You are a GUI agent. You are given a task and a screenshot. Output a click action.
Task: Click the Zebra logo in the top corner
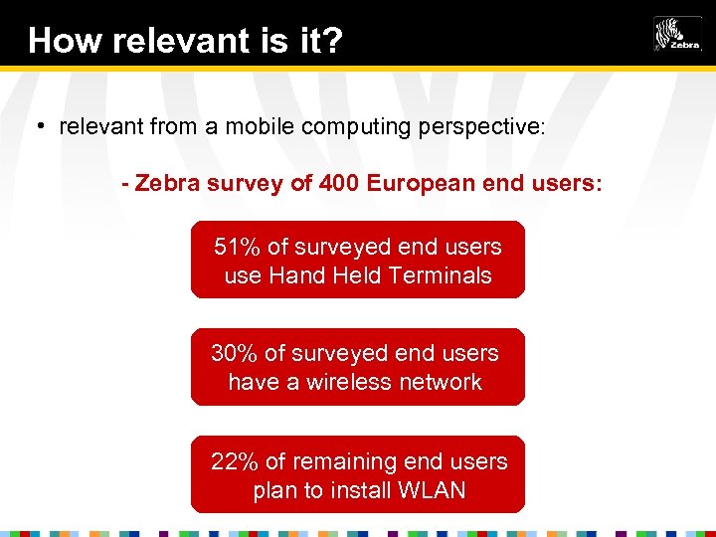(676, 34)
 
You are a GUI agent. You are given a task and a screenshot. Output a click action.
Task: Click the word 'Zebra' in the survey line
(166, 184)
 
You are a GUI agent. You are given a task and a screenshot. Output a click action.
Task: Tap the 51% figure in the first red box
(236, 247)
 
